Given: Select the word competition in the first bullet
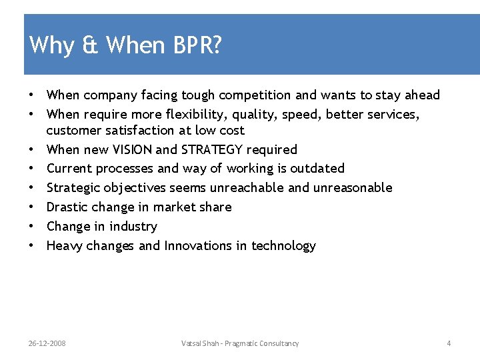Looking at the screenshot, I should (x=250, y=95).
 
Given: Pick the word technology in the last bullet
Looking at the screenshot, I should (x=283, y=246).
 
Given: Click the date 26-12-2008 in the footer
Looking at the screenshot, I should (x=47, y=343).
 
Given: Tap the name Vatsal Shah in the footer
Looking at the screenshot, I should (x=199, y=343).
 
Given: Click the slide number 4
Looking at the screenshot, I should (x=449, y=343).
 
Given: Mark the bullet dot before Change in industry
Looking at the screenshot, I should (x=31, y=227).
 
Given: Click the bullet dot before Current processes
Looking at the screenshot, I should (x=31, y=169).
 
